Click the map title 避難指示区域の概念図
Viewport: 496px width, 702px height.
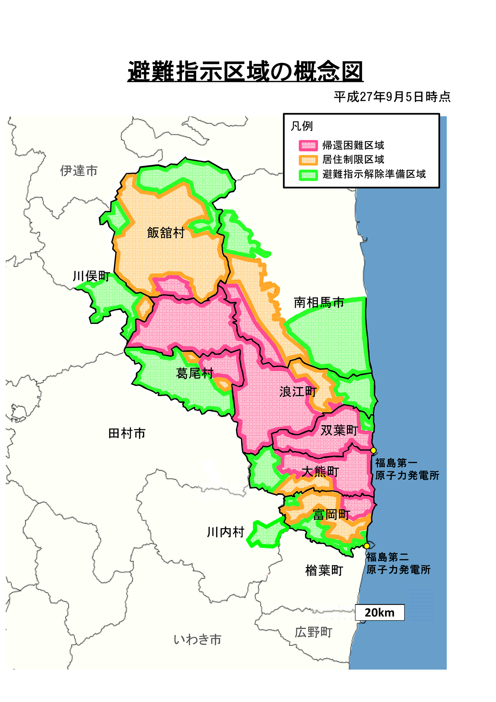pos(245,71)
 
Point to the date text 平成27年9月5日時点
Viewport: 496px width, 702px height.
pos(392,97)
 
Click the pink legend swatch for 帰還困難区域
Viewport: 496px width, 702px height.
pos(308,146)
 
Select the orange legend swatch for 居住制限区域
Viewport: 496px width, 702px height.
pos(308,160)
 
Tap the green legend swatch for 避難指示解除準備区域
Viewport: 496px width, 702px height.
pos(308,175)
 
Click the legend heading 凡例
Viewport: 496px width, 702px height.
pos(302,126)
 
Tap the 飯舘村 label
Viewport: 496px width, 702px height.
pos(166,233)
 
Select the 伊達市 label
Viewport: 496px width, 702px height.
pos(79,170)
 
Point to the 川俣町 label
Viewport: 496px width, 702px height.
pos(91,276)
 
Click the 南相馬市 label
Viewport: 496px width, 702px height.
pos(319,302)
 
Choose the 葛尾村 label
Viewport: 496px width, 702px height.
pos(195,373)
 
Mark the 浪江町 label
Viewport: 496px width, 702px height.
pos(298,392)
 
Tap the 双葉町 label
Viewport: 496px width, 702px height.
pos(339,430)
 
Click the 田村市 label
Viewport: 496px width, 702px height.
pos(127,433)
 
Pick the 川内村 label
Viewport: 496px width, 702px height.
pos(225,532)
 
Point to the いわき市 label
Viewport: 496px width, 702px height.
pos(198,639)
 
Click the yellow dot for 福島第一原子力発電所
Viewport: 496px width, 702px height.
pos(373,450)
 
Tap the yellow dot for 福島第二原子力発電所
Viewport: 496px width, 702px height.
pos(367,546)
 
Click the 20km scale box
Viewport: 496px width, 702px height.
pos(380,612)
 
